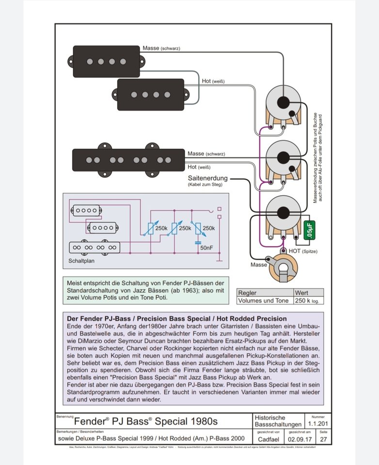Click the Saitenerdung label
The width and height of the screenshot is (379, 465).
(x=207, y=178)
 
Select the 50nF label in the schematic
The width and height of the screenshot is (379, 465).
(x=206, y=248)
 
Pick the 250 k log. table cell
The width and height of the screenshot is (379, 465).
(x=308, y=300)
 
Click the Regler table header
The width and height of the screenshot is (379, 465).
(x=247, y=293)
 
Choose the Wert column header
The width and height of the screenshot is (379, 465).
(x=301, y=293)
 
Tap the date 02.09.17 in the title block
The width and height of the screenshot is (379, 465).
(x=301, y=439)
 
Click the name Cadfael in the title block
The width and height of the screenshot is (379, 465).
(x=268, y=439)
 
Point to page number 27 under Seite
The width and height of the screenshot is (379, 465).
(x=324, y=439)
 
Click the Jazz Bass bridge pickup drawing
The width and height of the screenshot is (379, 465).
(x=128, y=160)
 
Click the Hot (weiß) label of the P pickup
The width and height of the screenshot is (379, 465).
(x=214, y=81)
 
